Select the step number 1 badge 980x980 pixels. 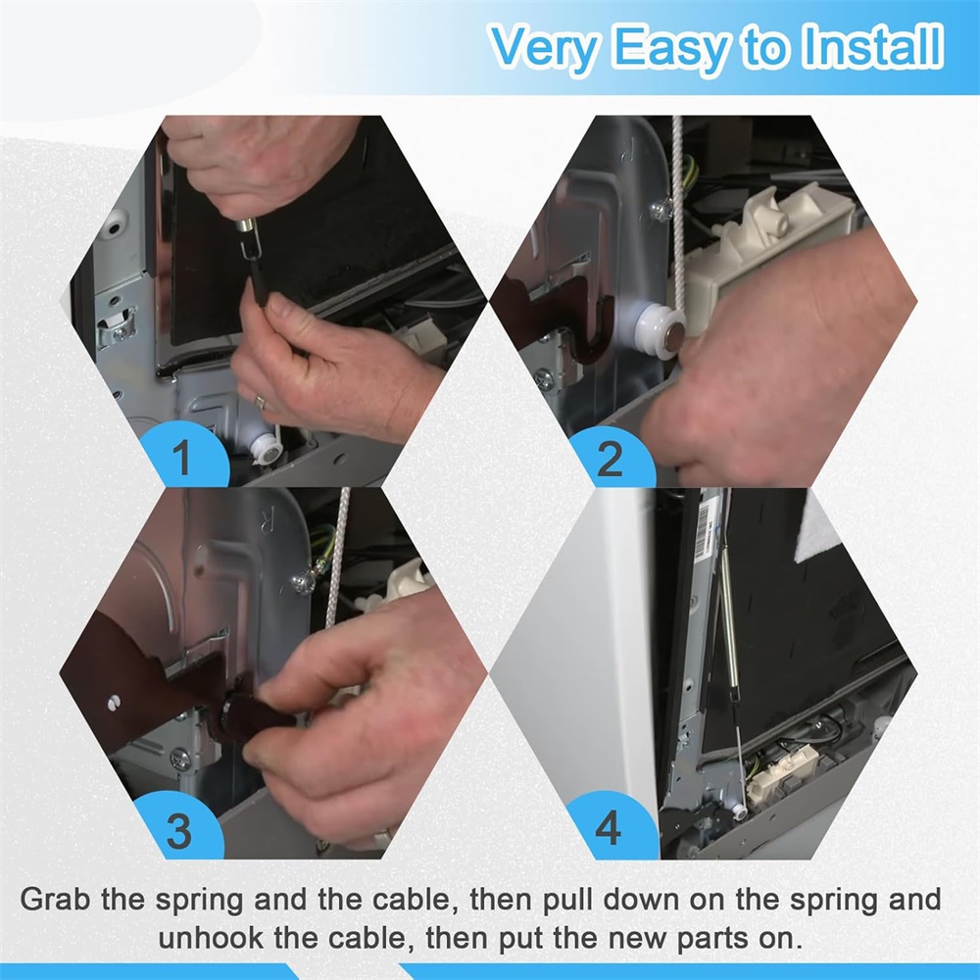click(x=182, y=457)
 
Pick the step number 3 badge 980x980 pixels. click(x=179, y=831)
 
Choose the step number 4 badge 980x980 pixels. click(x=609, y=827)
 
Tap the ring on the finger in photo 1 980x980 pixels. click(x=260, y=402)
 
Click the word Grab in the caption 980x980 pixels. click(x=56, y=900)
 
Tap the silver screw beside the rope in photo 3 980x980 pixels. click(x=305, y=582)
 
